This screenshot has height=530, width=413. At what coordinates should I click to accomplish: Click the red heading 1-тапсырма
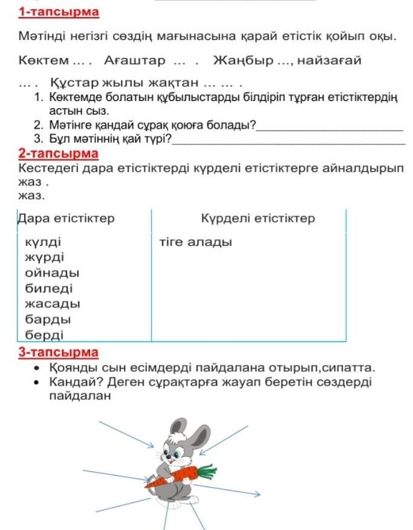(x=58, y=11)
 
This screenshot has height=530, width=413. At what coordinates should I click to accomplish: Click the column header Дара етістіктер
(x=66, y=218)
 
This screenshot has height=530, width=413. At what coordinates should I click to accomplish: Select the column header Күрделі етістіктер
(x=258, y=218)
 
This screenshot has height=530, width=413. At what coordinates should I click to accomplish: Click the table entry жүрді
(x=44, y=258)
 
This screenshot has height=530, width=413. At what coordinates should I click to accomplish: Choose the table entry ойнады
(x=52, y=273)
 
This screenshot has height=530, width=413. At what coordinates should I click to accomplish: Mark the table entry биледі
(x=48, y=288)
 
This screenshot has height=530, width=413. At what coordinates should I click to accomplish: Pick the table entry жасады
(x=52, y=303)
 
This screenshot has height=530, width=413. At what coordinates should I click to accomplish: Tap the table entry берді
(x=44, y=334)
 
